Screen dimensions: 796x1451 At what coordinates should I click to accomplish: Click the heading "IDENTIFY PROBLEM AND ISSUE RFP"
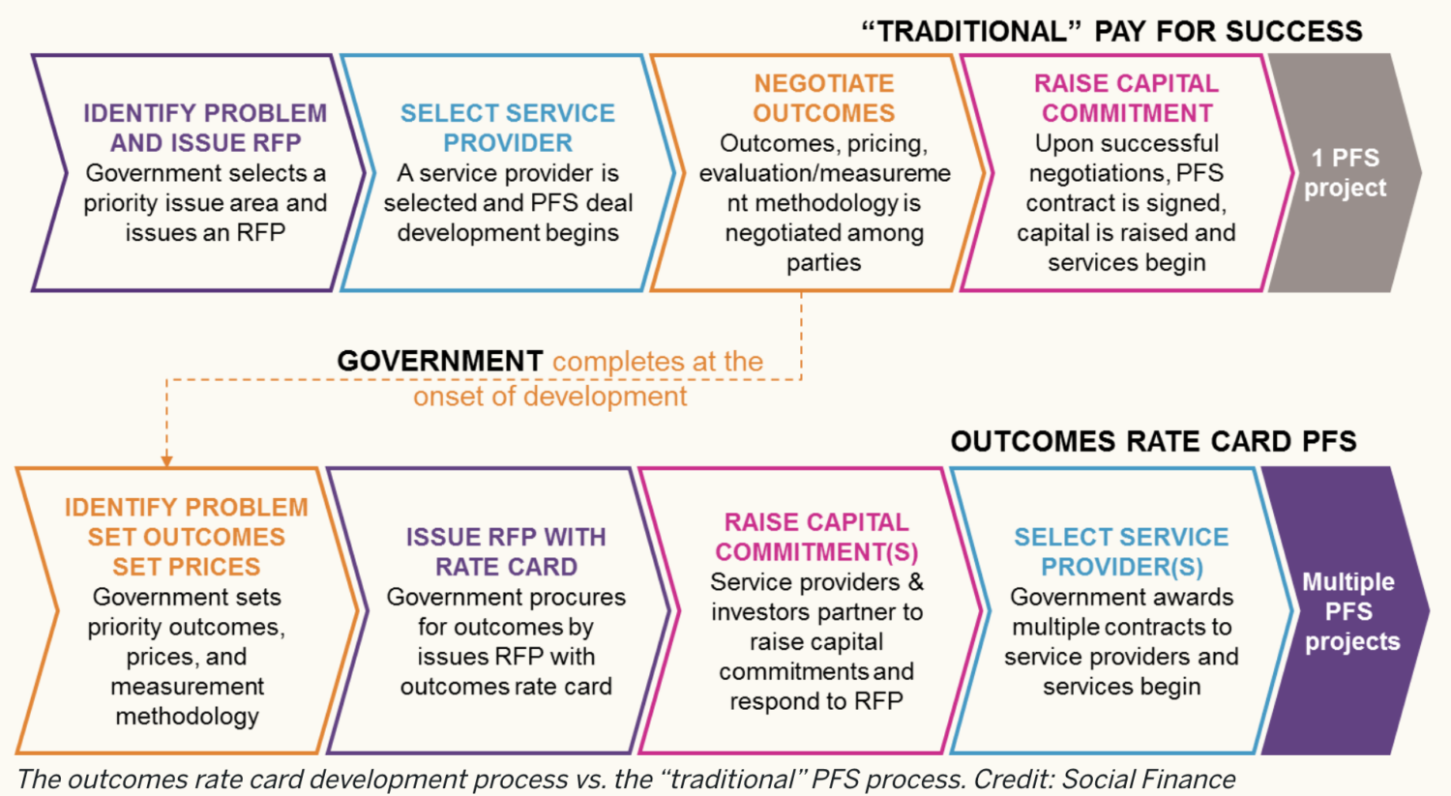pyautogui.click(x=205, y=128)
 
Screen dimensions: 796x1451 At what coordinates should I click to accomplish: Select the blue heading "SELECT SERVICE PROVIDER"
pyautogui.click(x=508, y=128)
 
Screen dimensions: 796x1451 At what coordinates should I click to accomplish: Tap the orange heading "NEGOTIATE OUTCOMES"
pyautogui.click(x=823, y=98)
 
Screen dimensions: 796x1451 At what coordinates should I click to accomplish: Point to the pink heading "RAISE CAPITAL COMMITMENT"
pyautogui.click(x=1126, y=98)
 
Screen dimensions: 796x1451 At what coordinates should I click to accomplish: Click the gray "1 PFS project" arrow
pyautogui.click(x=1345, y=173)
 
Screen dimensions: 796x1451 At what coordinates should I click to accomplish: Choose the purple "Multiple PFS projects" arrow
pyautogui.click(x=1350, y=611)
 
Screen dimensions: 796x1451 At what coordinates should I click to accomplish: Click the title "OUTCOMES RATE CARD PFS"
pyautogui.click(x=1153, y=442)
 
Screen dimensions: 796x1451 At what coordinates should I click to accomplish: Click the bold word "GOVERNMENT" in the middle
pyautogui.click(x=440, y=361)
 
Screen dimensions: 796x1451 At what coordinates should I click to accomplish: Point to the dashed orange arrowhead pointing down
pyautogui.click(x=166, y=460)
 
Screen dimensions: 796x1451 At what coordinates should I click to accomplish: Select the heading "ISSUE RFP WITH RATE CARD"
pyautogui.click(x=506, y=551)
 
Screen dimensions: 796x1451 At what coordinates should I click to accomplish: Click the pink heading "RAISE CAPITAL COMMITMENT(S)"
pyautogui.click(x=816, y=537)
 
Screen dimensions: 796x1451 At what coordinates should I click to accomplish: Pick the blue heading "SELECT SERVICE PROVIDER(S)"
pyautogui.click(x=1121, y=551)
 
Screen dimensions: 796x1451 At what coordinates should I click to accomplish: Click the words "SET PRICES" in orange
pyautogui.click(x=187, y=567)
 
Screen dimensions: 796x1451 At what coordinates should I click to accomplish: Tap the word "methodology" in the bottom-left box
pyautogui.click(x=187, y=716)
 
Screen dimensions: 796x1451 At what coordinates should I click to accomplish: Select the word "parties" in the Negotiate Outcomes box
pyautogui.click(x=823, y=263)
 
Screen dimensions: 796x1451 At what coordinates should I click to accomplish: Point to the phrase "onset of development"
pyautogui.click(x=549, y=397)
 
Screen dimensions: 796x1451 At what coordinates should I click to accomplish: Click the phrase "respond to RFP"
pyautogui.click(x=816, y=701)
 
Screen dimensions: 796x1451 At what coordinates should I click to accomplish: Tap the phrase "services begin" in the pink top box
pyautogui.click(x=1126, y=263)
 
